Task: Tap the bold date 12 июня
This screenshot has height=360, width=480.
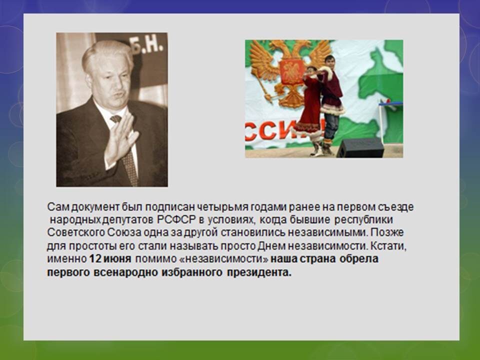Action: point(110,259)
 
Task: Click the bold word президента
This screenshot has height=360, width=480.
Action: point(259,272)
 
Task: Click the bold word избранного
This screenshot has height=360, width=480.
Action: point(192,272)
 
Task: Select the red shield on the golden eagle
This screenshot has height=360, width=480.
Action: point(291,72)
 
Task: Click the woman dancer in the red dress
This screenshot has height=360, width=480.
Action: point(308,110)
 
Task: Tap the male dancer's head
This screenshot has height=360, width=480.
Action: point(330,61)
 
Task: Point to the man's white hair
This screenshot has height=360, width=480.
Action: point(105,52)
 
